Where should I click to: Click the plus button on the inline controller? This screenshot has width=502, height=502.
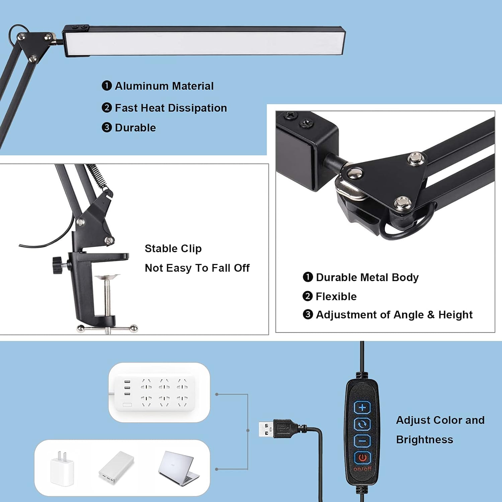coord(362,408)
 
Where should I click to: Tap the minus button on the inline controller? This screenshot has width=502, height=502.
coord(362,441)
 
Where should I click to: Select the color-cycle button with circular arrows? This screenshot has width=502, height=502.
coord(362,424)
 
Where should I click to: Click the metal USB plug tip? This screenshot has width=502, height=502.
coord(266,429)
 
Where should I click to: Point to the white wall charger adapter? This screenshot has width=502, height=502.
coord(62,468)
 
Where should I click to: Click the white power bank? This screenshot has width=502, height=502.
coord(116,468)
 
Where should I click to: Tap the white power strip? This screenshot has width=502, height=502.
coord(154,393)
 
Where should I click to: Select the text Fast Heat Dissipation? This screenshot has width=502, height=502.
coord(171,108)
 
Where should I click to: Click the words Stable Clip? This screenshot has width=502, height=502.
coord(173,248)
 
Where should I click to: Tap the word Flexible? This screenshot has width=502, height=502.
coord(336,296)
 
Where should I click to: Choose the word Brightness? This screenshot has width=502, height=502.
coord(424,439)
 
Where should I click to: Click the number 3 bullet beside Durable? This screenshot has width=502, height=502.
coord(107,128)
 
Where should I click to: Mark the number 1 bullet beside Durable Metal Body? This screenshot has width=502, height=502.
coord(308,277)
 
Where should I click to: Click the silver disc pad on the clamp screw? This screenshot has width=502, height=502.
coord(107,277)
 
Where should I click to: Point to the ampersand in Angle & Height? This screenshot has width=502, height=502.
coord(431,315)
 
